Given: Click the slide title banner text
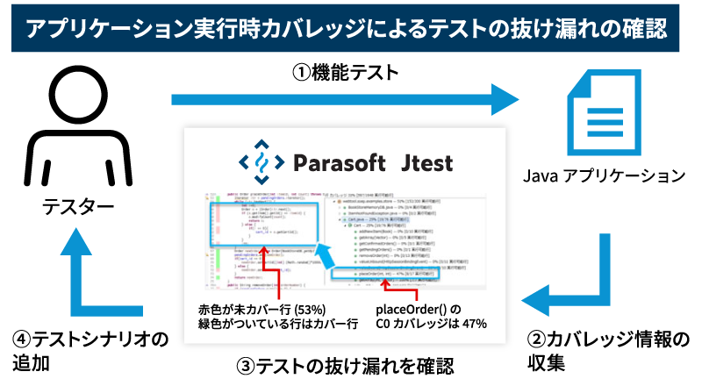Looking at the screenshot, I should (x=351, y=28).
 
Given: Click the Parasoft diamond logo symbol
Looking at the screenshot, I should (x=262, y=161).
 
